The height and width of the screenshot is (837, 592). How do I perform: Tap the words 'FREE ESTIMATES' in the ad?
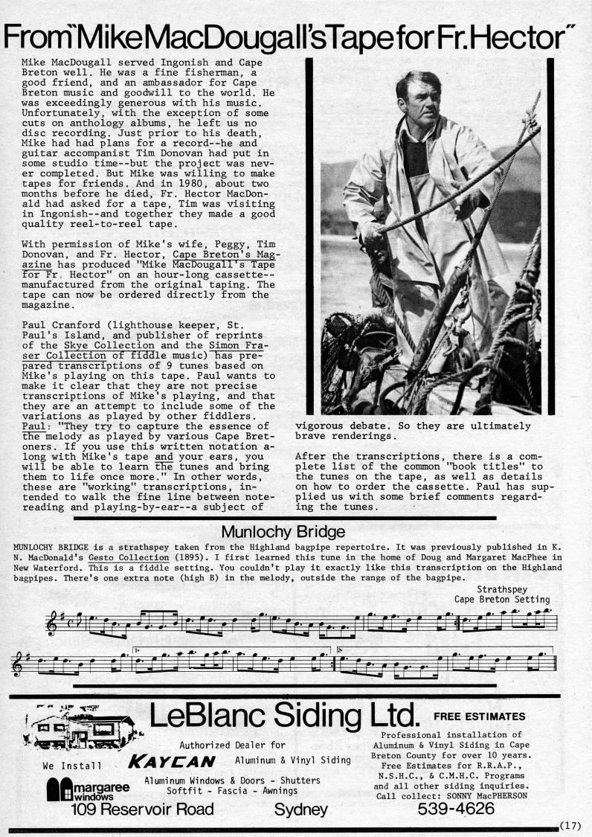click(x=479, y=716)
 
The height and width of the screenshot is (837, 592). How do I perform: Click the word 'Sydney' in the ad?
click(x=300, y=809)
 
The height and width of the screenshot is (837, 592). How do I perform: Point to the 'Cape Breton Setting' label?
click(x=502, y=599)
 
